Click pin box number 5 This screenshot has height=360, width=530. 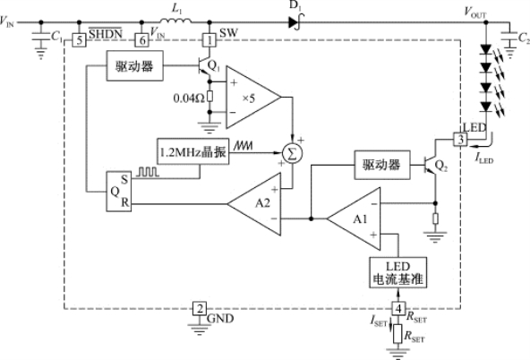tap(79, 40)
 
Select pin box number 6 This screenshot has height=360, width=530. tap(142, 40)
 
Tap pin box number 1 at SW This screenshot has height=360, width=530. tap(209, 40)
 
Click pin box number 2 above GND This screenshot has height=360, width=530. tap(200, 309)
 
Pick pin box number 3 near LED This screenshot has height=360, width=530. tap(460, 140)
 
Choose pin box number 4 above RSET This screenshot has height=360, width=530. tap(398, 308)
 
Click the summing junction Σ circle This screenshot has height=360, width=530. tap(293, 154)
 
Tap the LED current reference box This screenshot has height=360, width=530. tap(397, 272)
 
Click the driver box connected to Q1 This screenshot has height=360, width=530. tap(135, 66)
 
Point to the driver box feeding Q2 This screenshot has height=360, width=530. tap(382, 165)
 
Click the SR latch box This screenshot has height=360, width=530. tap(119, 192)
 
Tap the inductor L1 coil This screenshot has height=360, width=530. tap(175, 21)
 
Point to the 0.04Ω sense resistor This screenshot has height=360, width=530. tap(209, 97)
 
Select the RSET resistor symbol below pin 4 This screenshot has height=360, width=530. tap(397, 333)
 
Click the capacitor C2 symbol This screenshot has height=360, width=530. tap(509, 37)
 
